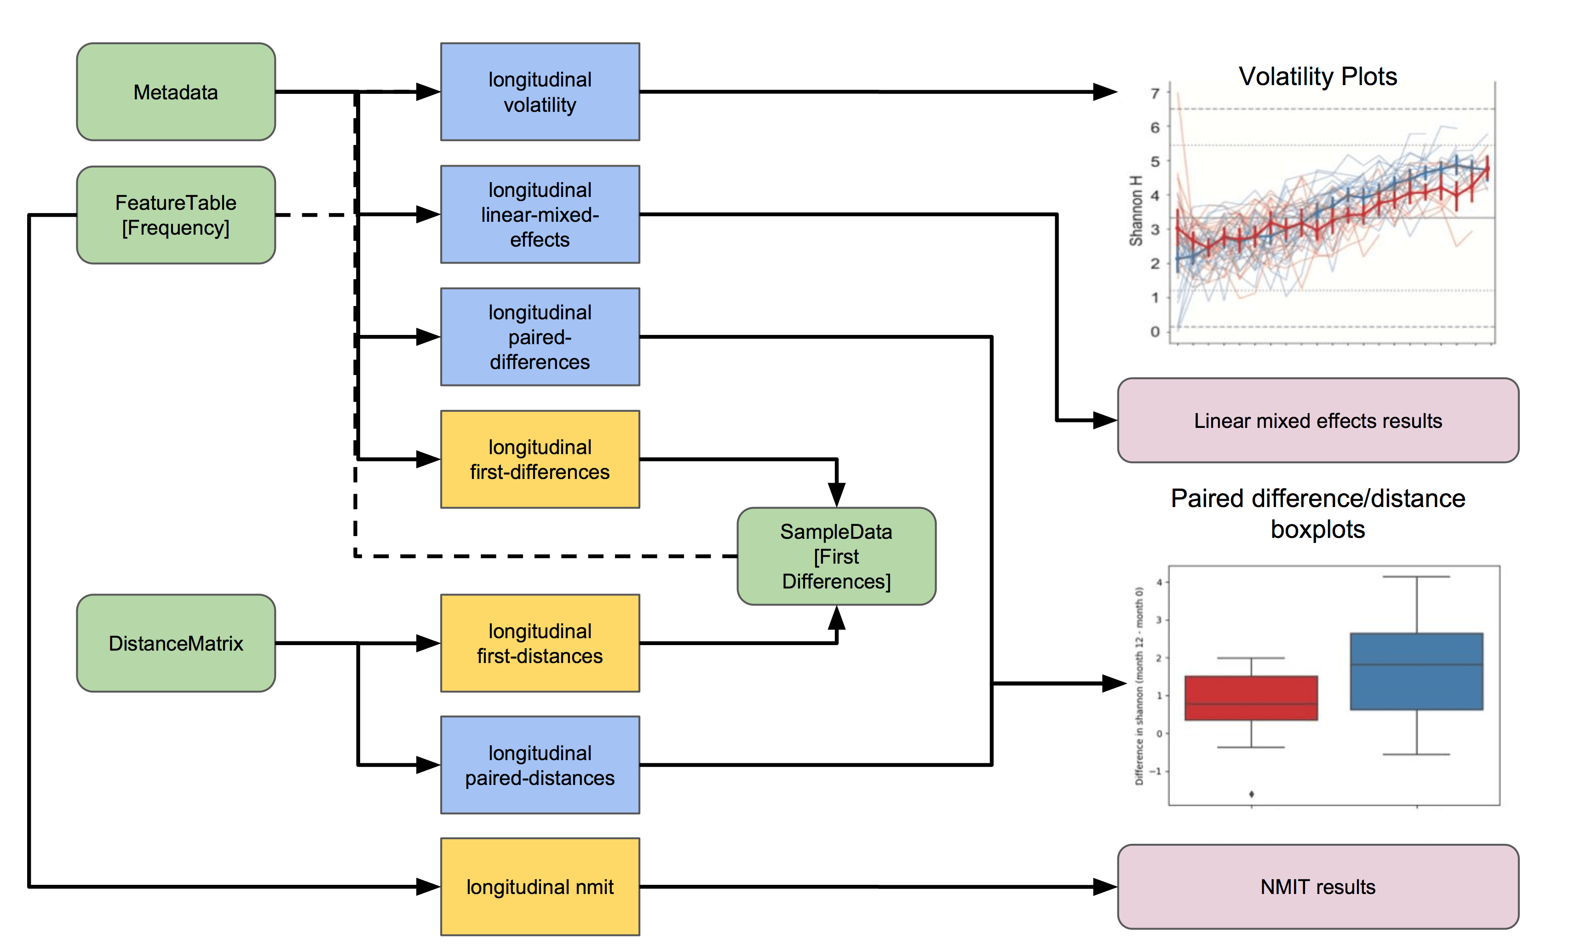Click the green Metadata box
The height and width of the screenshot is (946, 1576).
click(x=176, y=92)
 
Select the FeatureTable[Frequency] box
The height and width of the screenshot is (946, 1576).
click(x=176, y=215)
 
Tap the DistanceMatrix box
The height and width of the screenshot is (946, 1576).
click(x=176, y=643)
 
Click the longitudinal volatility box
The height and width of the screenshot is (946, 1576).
click(x=540, y=92)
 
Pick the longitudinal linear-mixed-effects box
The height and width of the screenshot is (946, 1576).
click(x=540, y=214)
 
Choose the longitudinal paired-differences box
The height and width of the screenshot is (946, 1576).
click(x=540, y=337)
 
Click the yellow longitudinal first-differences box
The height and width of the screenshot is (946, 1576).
click(x=540, y=459)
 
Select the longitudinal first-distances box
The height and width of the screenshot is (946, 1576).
click(x=540, y=643)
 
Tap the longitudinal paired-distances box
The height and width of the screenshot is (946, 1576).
click(x=540, y=765)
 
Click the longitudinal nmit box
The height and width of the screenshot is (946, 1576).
click(x=540, y=887)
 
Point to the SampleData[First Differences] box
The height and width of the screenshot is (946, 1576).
click(x=836, y=556)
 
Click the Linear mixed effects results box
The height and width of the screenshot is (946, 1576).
click(x=1318, y=421)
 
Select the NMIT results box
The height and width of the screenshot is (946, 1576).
click(x=1318, y=887)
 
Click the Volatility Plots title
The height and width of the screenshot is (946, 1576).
click(x=1318, y=76)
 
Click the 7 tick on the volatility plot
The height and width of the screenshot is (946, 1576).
click(x=1155, y=94)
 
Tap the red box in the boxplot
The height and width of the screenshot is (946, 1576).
click(x=1251, y=698)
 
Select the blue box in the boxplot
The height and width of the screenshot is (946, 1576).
click(x=1417, y=671)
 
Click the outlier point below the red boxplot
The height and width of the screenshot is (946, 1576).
click(x=1252, y=794)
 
